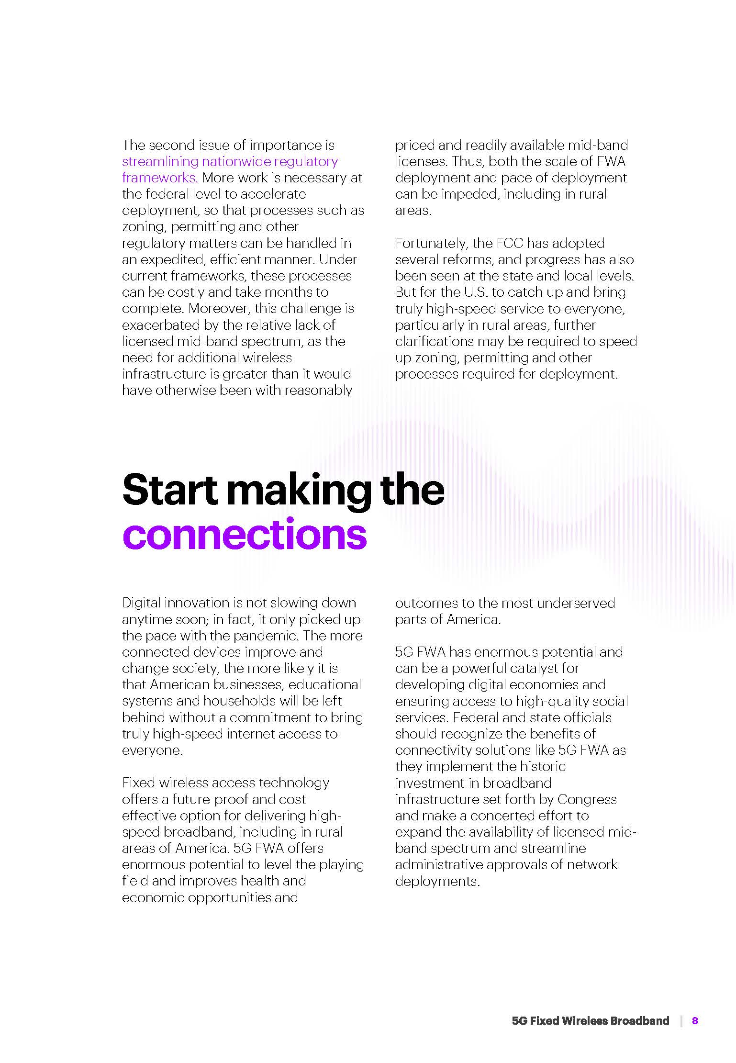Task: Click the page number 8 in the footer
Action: (x=695, y=1021)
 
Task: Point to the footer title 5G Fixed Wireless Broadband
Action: (x=590, y=1021)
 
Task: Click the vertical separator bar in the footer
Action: (x=681, y=1021)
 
